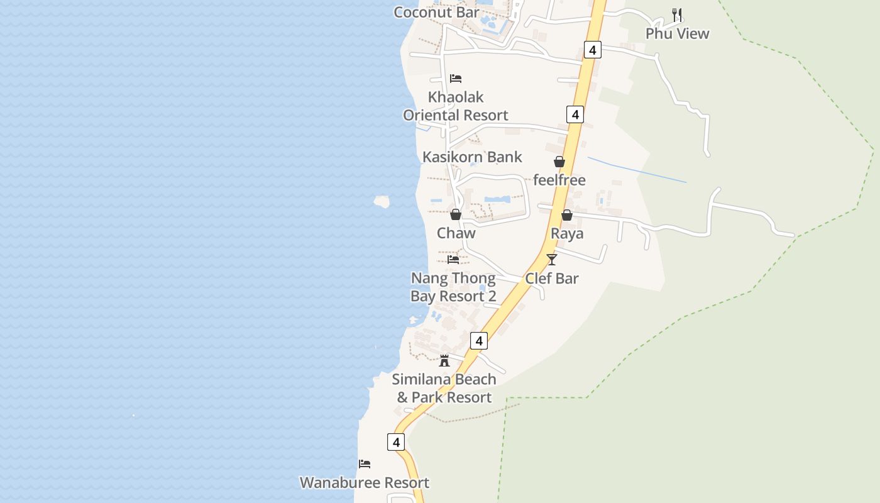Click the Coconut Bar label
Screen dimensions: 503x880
click(x=436, y=12)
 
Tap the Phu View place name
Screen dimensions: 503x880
click(x=677, y=33)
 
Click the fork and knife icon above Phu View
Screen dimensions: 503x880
click(x=677, y=14)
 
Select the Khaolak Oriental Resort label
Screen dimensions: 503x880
click(x=456, y=106)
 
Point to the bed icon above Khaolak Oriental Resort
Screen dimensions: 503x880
click(x=456, y=79)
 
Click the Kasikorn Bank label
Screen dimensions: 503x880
click(x=472, y=157)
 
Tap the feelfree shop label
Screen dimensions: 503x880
click(x=559, y=180)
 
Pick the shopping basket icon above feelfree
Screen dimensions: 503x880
click(x=559, y=162)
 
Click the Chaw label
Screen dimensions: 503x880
click(x=456, y=233)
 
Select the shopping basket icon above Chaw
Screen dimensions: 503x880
click(x=456, y=214)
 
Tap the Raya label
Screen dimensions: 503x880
click(x=567, y=233)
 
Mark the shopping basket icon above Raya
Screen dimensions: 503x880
click(x=567, y=215)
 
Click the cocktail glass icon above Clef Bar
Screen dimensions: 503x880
click(x=552, y=259)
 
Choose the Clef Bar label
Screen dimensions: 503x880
click(x=552, y=278)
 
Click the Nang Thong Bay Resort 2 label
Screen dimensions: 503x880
click(x=453, y=287)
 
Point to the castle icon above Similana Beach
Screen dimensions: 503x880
click(x=444, y=360)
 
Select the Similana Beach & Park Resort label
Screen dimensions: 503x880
click(x=444, y=388)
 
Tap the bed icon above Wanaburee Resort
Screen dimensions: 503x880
click(x=365, y=464)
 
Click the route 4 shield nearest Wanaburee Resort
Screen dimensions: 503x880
click(x=396, y=443)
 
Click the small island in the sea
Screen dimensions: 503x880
click(x=382, y=201)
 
